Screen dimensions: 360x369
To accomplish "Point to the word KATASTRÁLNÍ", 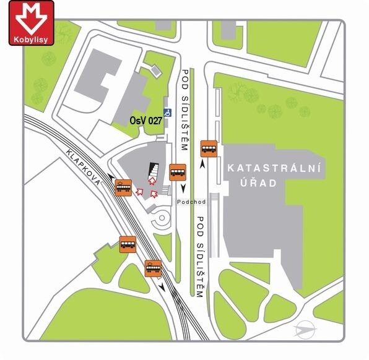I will pyautogui.click(x=275, y=168).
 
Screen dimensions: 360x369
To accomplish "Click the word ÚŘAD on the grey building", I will pyautogui.click(x=253, y=184).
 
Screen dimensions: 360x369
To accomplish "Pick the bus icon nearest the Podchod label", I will pyautogui.click(x=178, y=171).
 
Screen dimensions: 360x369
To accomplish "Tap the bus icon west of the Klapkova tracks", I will pyautogui.click(x=128, y=244).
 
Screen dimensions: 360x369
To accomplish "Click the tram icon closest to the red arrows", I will pyautogui.click(x=123, y=187).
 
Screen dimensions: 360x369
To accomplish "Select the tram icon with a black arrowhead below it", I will pyautogui.click(x=153, y=268).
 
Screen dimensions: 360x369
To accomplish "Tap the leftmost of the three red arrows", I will pyautogui.click(x=139, y=192).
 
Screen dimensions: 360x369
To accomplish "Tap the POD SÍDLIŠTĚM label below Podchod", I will pyautogui.click(x=200, y=256).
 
